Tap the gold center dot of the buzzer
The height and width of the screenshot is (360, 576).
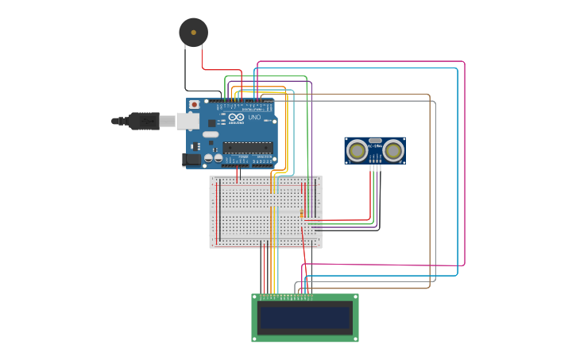pyautogui.click(x=193, y=33)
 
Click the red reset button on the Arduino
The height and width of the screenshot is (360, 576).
pyautogui.click(x=194, y=104)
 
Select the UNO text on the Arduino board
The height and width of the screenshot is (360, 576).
pyautogui.click(x=254, y=118)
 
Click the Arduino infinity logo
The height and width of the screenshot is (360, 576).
pyautogui.click(x=236, y=115)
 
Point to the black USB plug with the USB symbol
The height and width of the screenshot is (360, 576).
pyautogui.click(x=144, y=121)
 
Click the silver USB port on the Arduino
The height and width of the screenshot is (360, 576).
pyautogui.click(x=187, y=121)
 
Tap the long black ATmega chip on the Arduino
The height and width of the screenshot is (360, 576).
pyautogui.click(x=247, y=146)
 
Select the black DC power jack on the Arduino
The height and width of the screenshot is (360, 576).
pyautogui.click(x=191, y=160)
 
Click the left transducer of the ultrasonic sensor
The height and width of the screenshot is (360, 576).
pyautogui.click(x=358, y=149)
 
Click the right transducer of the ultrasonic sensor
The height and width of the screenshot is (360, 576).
pyautogui.click(x=393, y=149)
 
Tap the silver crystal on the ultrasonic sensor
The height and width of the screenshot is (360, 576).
pyautogui.click(x=375, y=141)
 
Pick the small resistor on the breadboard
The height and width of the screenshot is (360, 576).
pyautogui.click(x=302, y=213)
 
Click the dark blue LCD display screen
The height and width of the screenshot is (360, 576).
pyautogui.click(x=304, y=319)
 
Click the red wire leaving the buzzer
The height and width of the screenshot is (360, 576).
pyautogui.click(x=202, y=57)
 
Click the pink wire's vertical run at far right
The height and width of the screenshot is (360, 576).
pyautogui.click(x=465, y=159)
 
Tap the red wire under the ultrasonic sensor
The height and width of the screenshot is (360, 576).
pyautogui.click(x=370, y=191)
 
